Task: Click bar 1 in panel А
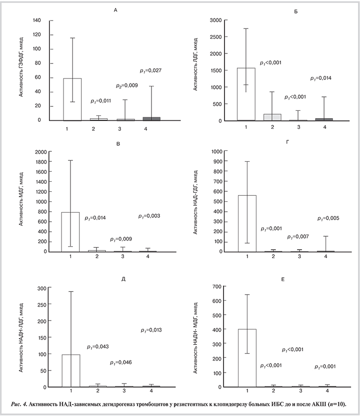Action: click(x=72, y=99)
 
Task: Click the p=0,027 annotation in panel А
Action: click(x=150, y=70)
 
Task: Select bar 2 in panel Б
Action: click(x=272, y=117)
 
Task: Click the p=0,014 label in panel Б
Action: click(x=321, y=78)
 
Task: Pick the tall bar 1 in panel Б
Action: click(x=246, y=94)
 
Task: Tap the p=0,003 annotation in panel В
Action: click(x=149, y=216)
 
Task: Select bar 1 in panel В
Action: click(x=70, y=232)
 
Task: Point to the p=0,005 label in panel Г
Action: click(x=328, y=218)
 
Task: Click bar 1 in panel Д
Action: click(x=70, y=371)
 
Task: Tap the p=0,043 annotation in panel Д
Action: click(x=97, y=347)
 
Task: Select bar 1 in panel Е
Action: click(x=247, y=358)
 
